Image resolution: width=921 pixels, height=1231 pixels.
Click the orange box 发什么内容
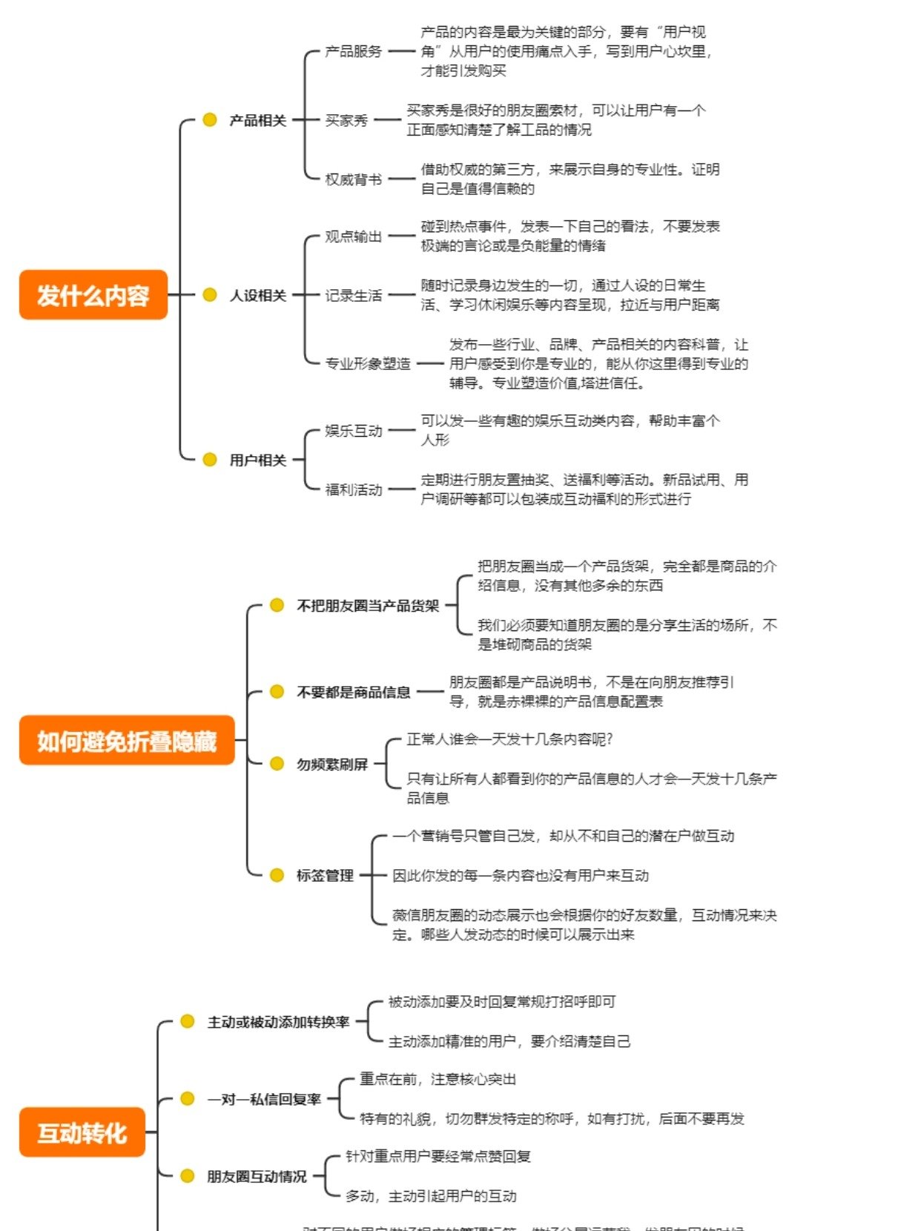(x=93, y=295)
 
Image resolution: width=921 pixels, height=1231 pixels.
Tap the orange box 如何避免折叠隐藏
(x=127, y=740)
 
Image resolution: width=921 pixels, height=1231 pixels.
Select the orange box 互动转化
(x=82, y=1132)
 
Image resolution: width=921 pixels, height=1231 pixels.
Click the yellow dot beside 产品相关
(x=210, y=119)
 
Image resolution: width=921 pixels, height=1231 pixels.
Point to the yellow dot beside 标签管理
(x=277, y=875)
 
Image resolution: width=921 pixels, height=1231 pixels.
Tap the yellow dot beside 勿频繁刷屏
(x=277, y=763)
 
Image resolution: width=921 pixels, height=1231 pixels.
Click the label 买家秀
(x=346, y=120)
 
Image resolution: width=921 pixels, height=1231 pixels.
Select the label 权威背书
(x=354, y=179)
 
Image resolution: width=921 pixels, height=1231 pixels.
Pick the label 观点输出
(x=354, y=237)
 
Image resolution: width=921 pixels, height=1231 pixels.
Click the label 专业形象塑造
(x=368, y=363)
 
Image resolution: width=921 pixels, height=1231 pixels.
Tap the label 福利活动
(x=354, y=489)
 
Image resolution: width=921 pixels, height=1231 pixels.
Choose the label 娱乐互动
(x=354, y=431)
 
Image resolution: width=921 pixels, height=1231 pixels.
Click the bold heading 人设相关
(x=257, y=295)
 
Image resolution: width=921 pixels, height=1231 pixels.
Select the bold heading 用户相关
(x=257, y=460)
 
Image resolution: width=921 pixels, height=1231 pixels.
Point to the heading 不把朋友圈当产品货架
(x=368, y=606)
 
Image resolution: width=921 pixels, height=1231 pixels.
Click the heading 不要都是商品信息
(x=354, y=692)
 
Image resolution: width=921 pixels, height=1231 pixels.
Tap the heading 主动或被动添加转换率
(x=278, y=1022)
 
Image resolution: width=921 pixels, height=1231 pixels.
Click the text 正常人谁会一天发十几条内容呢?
(x=509, y=739)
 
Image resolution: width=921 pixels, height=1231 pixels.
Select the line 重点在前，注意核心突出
(x=438, y=1079)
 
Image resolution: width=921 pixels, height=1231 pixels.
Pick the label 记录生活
(x=354, y=295)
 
